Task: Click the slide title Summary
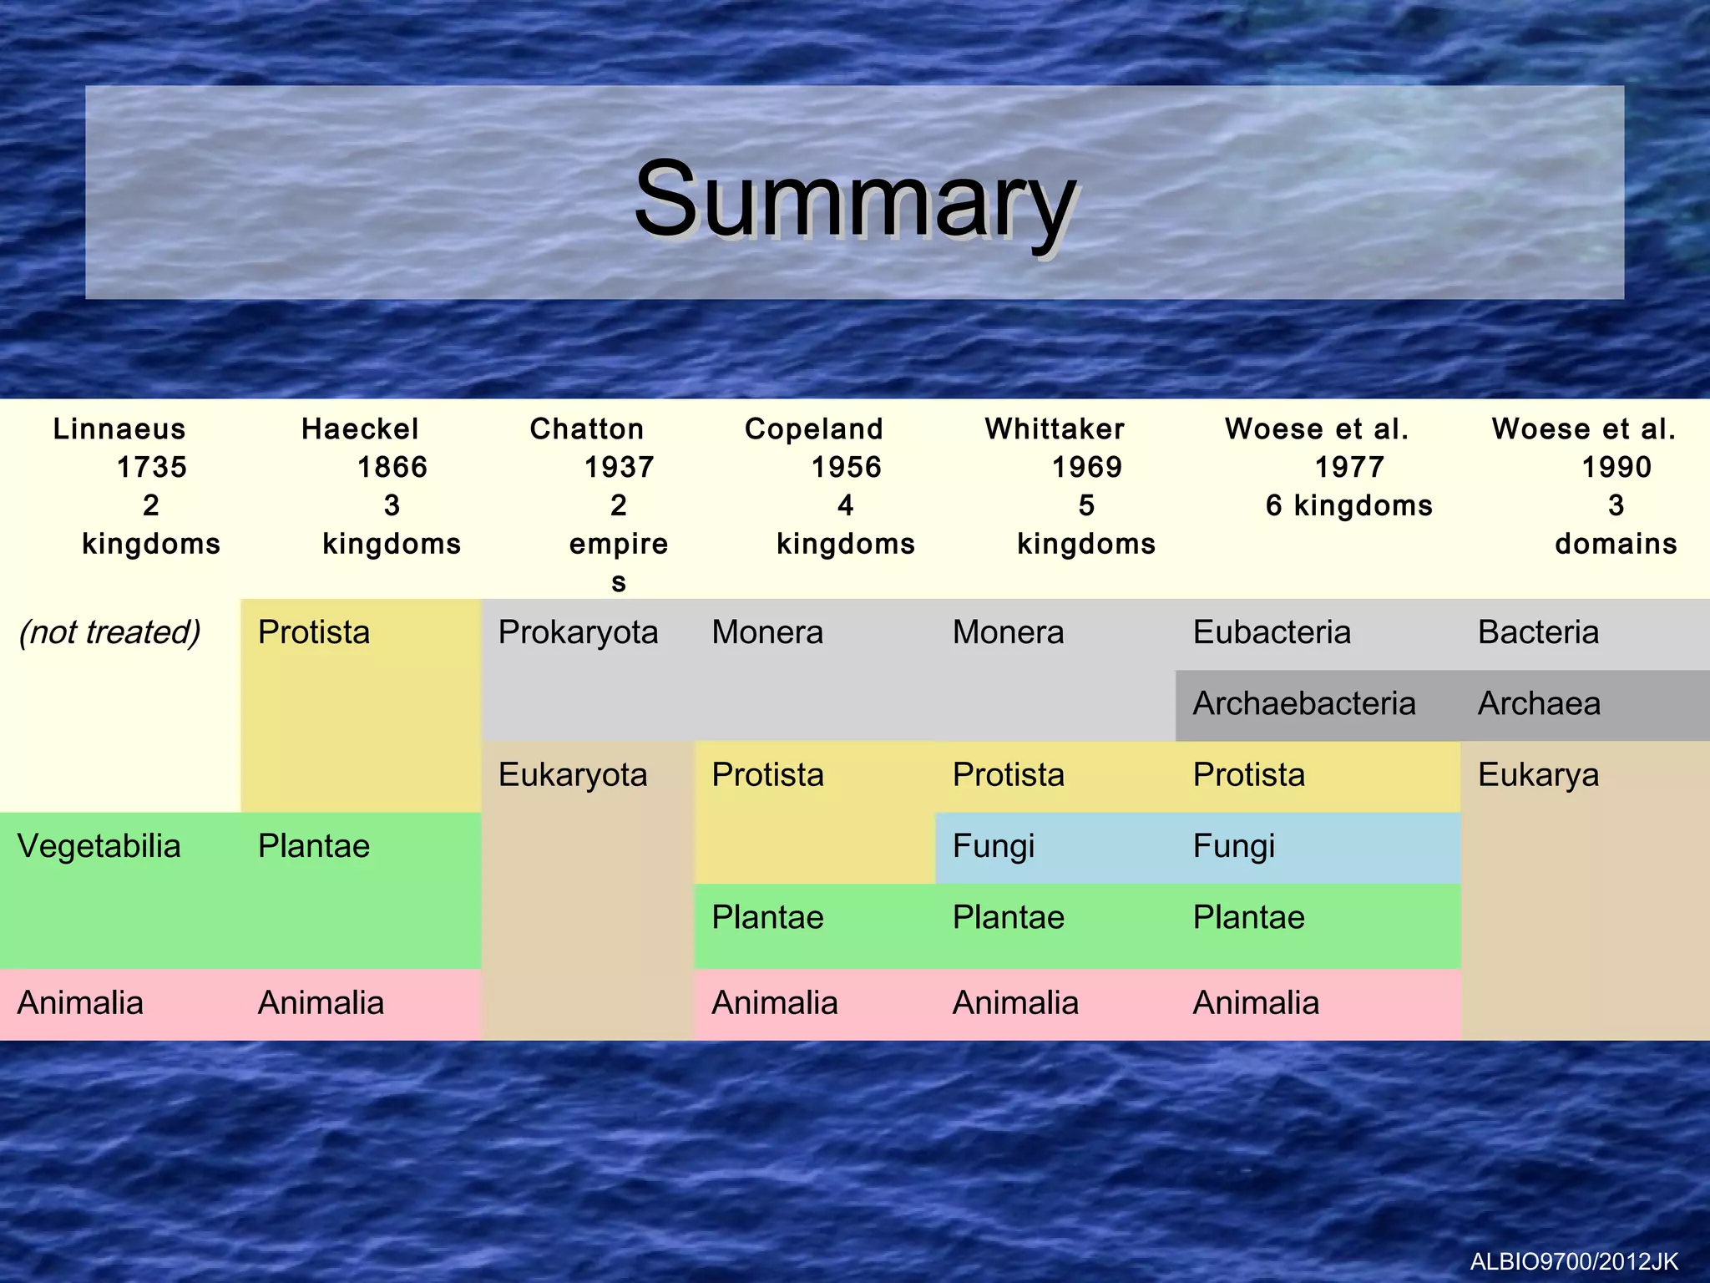coord(854,200)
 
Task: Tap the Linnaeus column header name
coord(119,429)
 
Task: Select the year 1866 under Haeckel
coord(392,468)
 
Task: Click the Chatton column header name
coord(587,429)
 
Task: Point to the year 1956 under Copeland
coord(846,468)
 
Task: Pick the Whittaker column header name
coord(1055,429)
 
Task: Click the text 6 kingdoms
coord(1348,506)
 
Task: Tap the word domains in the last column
coord(1616,545)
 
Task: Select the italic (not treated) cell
coord(109,632)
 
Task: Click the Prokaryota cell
coord(578,632)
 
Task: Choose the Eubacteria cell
coord(1272,632)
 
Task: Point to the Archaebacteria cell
coord(1304,704)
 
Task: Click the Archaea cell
coord(1539,704)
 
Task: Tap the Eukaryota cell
coord(573,775)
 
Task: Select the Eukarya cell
coord(1538,775)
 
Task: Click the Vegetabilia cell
coord(99,847)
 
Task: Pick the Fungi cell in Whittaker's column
coord(994,847)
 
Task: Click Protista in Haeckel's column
coord(313,632)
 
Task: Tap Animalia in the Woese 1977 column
coord(1256,1003)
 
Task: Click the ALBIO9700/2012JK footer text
coord(1574,1261)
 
